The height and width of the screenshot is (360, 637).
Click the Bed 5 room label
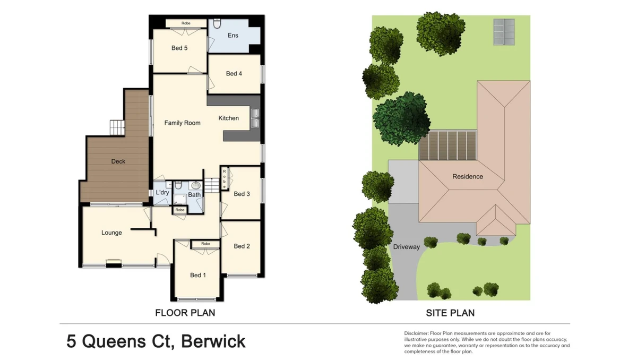pos(179,48)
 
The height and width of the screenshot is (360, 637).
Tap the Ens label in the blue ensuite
pos(233,35)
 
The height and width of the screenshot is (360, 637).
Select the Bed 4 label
pos(234,74)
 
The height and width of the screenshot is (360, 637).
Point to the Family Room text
pos(182,123)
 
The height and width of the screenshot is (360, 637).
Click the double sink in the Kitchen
pos(255,118)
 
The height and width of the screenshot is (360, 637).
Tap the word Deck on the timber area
pos(118,161)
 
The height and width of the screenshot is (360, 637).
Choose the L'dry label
pos(162,193)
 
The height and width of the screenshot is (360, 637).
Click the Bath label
pos(194,195)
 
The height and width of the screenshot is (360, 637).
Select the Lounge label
pos(111,233)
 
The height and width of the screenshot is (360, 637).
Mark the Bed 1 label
pos(198,275)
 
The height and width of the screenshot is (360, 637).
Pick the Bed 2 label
pos(242,246)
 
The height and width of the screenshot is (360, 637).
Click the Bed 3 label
pos(242,194)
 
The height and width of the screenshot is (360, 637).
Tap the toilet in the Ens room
pos(217,23)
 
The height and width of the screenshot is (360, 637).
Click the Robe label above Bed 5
pos(186,23)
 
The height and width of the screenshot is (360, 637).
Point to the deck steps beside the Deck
pos(117,127)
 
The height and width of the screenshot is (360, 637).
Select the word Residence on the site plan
pos(468,177)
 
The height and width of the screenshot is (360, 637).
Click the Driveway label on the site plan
pos(407,247)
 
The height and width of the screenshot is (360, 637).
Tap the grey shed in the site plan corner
pos(504,32)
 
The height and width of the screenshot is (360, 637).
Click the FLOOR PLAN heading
pos(185,313)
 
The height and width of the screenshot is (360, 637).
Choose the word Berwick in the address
pos(213,341)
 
